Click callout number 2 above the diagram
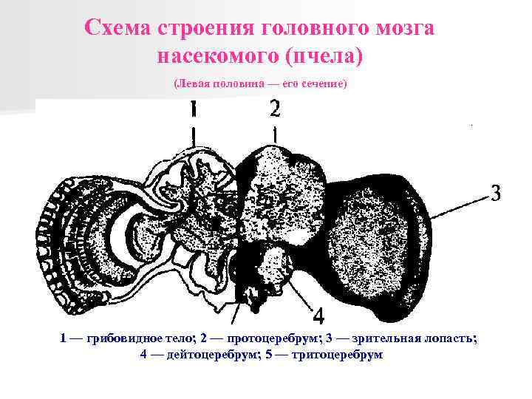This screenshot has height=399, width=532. coord(274,109)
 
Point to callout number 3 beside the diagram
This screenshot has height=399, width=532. coord(496,194)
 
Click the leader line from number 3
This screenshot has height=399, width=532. coord(458,205)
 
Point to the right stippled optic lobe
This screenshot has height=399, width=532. coord(373,236)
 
